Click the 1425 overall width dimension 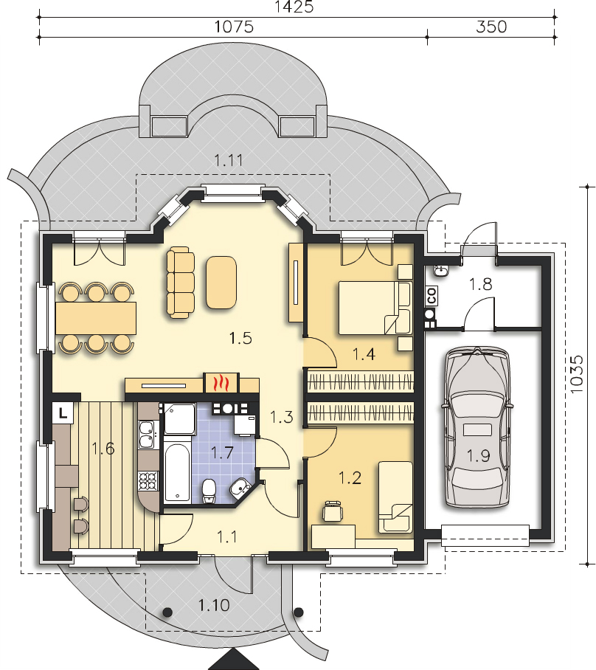pyautogui.click(x=294, y=7)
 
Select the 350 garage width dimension pyautogui.click(x=491, y=27)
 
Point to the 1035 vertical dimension pyautogui.click(x=576, y=375)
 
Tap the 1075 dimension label pyautogui.click(x=234, y=27)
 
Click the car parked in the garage pyautogui.click(x=477, y=427)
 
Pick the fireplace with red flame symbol pyautogui.click(x=221, y=382)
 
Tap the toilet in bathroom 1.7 pyautogui.click(x=209, y=491)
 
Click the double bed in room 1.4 pyautogui.click(x=375, y=307)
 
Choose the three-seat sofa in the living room pyautogui.click(x=180, y=282)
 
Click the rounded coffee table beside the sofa pyautogui.click(x=221, y=282)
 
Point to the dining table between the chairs pyautogui.click(x=96, y=318)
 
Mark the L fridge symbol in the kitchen pyautogui.click(x=63, y=413)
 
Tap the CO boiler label pyautogui.click(x=432, y=296)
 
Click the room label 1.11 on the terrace pyautogui.click(x=228, y=161)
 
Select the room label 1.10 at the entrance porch pyautogui.click(x=214, y=605)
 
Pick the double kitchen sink pyautogui.click(x=147, y=434)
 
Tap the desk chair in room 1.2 pyautogui.click(x=333, y=511)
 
